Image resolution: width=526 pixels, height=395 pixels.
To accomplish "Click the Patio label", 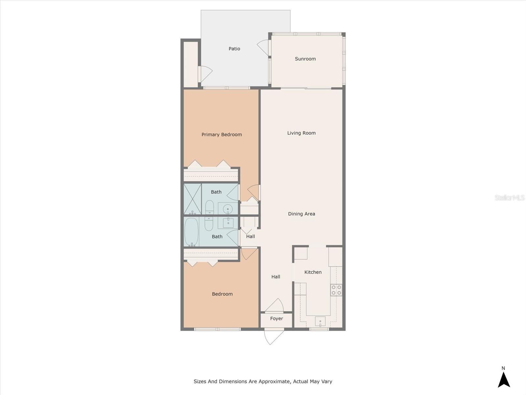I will (x=234, y=49).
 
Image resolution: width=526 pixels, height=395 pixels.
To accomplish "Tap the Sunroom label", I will (x=305, y=59).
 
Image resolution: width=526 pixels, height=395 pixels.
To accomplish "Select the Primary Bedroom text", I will (x=222, y=135).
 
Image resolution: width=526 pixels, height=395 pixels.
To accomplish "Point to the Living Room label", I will (x=301, y=133).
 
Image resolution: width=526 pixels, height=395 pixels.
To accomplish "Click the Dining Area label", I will (x=301, y=214).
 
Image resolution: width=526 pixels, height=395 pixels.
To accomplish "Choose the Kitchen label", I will (x=313, y=272).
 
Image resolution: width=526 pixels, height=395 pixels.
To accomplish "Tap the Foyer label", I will (x=276, y=319).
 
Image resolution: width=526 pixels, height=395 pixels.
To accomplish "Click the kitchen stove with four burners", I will (x=336, y=290).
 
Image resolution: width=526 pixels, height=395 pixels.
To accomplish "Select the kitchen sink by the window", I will (x=320, y=321).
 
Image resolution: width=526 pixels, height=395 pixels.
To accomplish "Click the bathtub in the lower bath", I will (x=191, y=232).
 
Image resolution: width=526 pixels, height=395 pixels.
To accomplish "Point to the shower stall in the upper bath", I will (x=192, y=199).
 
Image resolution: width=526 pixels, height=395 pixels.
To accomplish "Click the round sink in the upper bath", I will (x=227, y=209).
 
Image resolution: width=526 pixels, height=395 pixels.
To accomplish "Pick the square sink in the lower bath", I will (x=228, y=223).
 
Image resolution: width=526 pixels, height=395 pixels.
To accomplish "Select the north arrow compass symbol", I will (x=504, y=379).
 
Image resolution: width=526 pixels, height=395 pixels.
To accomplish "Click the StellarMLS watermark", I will (x=509, y=197).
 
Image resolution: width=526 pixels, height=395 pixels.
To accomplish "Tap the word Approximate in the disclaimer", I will (x=274, y=382).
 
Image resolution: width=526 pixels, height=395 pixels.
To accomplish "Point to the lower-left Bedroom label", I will (x=222, y=294).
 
